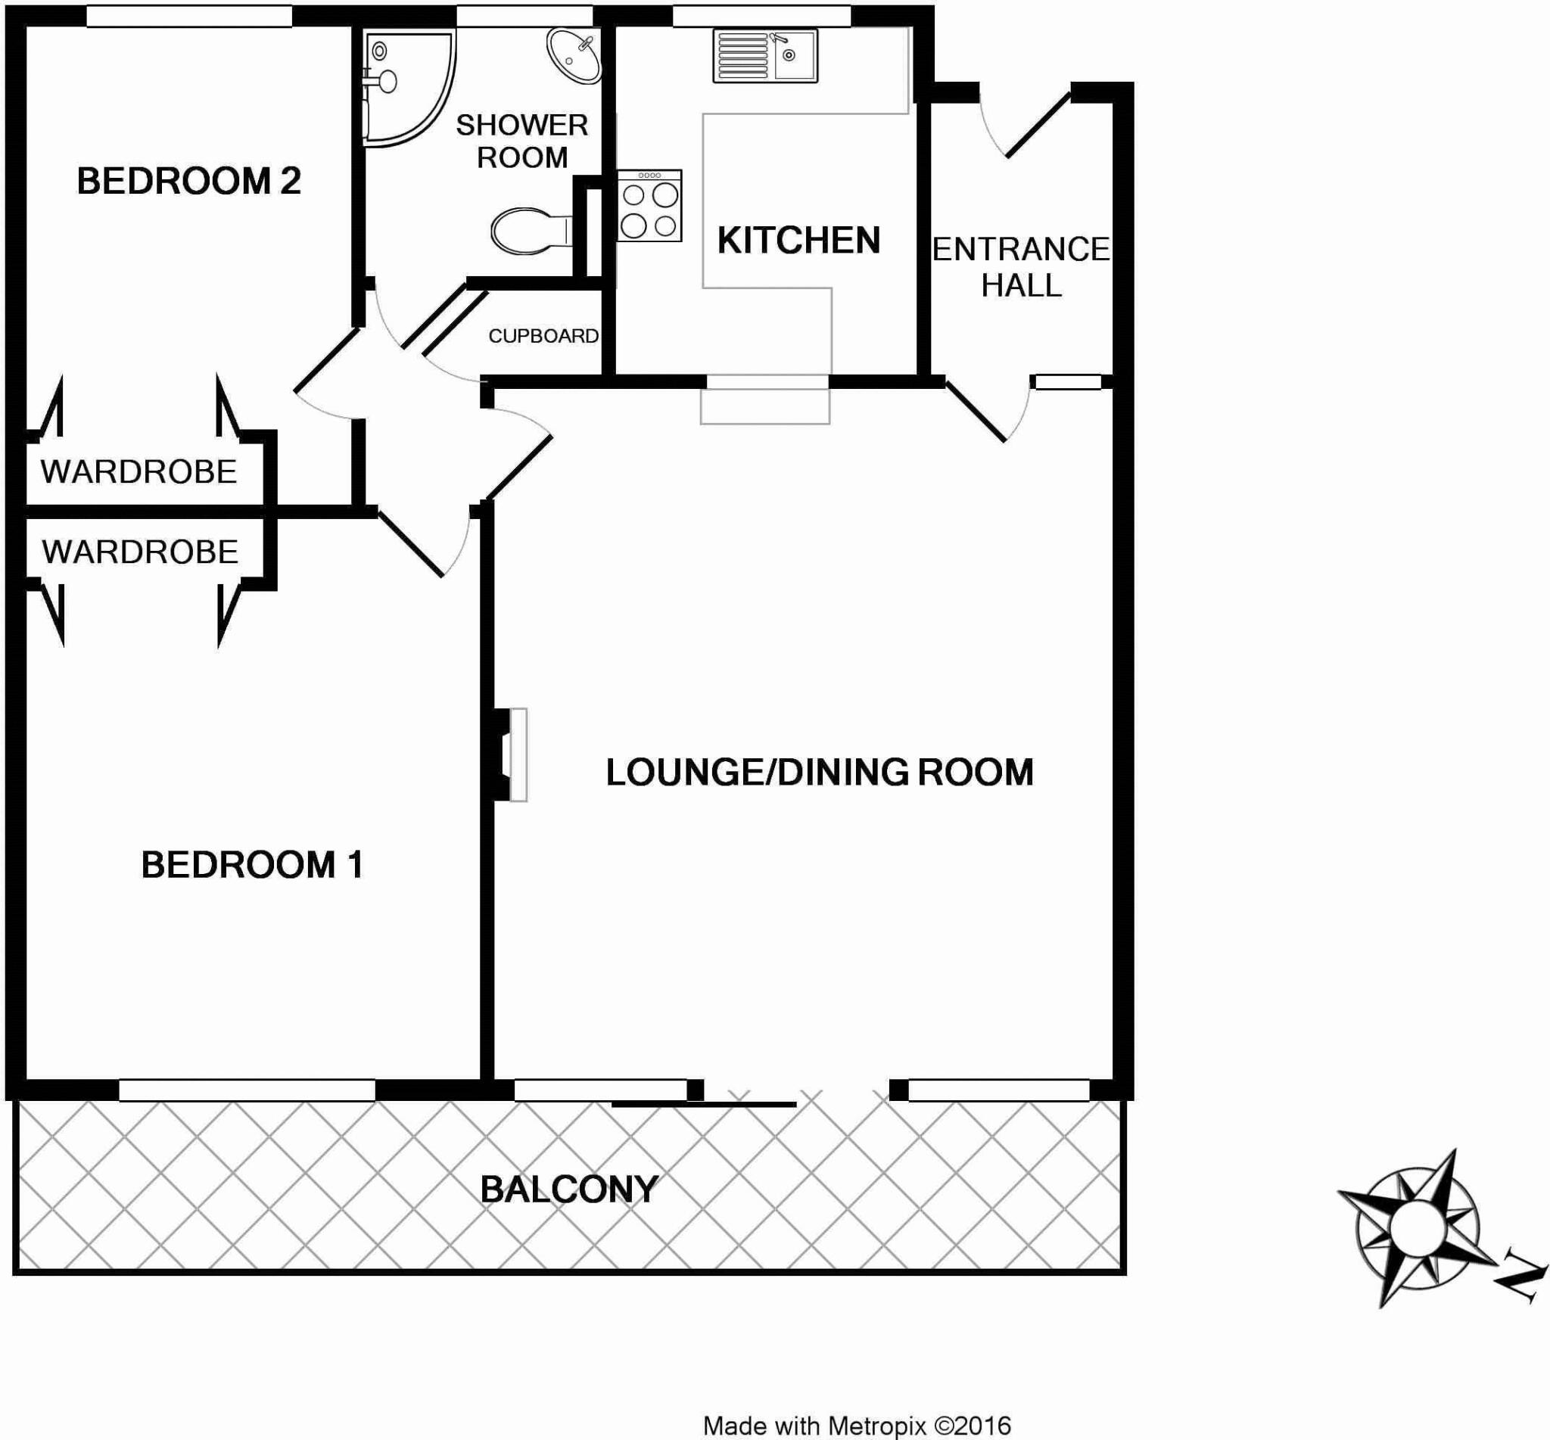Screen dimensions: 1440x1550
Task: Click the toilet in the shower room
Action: coord(530,231)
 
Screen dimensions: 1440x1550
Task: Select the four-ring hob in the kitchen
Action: coord(650,206)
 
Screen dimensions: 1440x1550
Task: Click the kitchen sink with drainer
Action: coord(764,56)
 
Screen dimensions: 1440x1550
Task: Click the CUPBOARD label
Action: coord(543,336)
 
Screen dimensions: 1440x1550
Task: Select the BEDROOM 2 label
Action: coord(188,182)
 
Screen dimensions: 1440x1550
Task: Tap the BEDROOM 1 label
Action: coord(252,865)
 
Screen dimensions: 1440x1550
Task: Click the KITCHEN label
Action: coord(798,240)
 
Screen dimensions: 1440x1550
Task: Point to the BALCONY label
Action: coord(569,1190)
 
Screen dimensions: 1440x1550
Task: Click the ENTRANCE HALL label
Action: coord(1021,267)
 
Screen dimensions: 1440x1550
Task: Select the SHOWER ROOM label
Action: coord(521,141)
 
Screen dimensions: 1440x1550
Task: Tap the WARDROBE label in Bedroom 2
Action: coord(139,472)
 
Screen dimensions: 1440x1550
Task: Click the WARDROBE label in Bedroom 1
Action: coord(140,552)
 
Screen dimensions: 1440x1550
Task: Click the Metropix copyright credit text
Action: coord(857,1426)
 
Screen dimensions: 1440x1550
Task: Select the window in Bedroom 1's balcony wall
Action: coord(246,1090)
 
